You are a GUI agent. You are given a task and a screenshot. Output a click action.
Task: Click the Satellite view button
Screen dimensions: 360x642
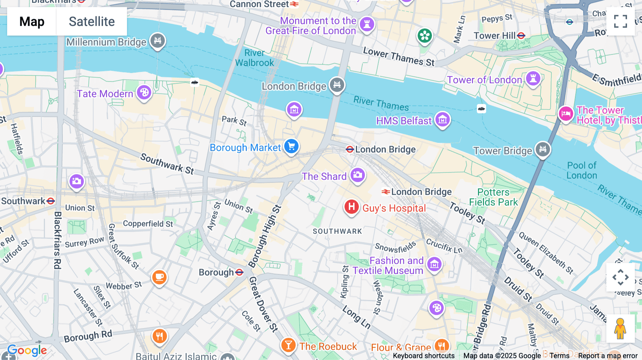point(92,21)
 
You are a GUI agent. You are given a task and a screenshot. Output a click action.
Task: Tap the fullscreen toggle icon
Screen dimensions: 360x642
point(620,21)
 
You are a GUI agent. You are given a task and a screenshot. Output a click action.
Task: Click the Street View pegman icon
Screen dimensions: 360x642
point(620,329)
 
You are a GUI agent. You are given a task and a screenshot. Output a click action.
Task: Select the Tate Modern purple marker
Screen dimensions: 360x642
point(144,93)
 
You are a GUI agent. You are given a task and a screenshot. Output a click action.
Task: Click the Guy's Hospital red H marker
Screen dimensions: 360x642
point(351,207)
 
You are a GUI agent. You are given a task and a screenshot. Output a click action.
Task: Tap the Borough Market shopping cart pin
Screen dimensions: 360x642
point(291,146)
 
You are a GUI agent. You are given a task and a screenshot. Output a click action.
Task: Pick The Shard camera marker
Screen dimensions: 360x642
point(357,175)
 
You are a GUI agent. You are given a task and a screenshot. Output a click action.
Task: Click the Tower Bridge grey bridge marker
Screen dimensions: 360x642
point(542,149)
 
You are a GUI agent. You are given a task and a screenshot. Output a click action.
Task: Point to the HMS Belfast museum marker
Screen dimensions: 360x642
point(443,120)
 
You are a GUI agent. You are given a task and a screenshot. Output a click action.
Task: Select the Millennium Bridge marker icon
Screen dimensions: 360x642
point(158,40)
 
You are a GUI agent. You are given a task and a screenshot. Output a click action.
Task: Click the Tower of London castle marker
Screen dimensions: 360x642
point(533,78)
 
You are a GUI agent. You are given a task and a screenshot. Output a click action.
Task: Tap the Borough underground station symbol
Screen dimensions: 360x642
point(239,272)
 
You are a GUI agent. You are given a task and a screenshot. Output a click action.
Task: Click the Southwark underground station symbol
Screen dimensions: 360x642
point(51,201)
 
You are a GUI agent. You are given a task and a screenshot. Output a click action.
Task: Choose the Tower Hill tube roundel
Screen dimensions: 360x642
point(521,36)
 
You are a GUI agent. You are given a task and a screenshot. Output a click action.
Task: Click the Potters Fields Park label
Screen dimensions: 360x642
point(493,197)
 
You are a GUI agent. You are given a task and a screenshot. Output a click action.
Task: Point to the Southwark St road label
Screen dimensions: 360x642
point(167,164)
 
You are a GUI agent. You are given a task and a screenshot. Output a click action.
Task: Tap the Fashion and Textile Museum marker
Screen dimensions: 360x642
point(434,264)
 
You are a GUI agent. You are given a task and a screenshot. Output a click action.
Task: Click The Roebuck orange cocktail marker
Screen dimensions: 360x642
point(288,345)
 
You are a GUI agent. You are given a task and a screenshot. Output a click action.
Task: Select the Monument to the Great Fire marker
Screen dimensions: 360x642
point(367,24)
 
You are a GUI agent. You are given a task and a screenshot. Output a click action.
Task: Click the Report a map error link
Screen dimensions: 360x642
point(608,356)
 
